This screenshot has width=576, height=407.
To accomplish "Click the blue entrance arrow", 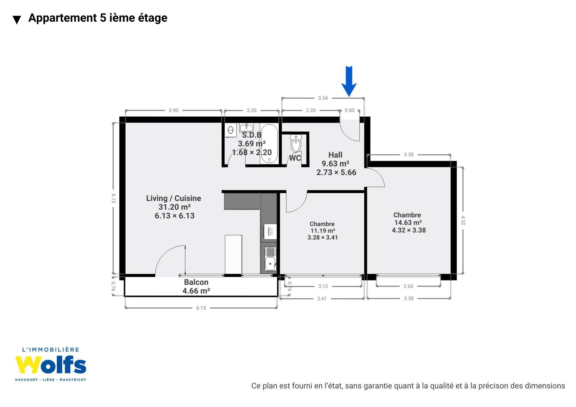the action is [x=349, y=81].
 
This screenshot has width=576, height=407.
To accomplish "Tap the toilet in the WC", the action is [x=296, y=143].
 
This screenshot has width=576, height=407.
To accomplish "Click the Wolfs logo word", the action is [x=51, y=365].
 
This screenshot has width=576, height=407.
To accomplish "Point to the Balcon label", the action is [x=196, y=282].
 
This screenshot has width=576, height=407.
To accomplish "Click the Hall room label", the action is [x=335, y=155].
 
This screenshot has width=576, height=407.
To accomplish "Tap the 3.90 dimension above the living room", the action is [x=173, y=110].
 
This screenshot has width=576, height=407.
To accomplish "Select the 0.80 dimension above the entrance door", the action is [x=350, y=110].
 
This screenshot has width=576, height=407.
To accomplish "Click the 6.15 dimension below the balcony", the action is [x=201, y=308].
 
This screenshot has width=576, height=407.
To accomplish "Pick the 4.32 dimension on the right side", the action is [x=463, y=220].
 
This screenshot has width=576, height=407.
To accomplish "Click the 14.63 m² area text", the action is [x=408, y=222].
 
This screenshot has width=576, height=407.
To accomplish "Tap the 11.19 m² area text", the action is [x=323, y=231].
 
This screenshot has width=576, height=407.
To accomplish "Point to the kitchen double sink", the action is [x=270, y=258].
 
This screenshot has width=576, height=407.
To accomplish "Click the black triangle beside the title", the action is [x=17, y=20].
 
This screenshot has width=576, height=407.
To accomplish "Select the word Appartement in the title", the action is [x=62, y=18].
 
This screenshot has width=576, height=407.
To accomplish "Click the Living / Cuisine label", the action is [x=174, y=198].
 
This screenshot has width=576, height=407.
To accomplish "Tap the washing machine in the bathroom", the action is [x=231, y=130].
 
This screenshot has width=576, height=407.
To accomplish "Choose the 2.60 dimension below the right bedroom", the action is [x=408, y=286].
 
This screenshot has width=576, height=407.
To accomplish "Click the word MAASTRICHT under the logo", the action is [x=73, y=380].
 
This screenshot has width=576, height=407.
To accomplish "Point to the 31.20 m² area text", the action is [x=174, y=207].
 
